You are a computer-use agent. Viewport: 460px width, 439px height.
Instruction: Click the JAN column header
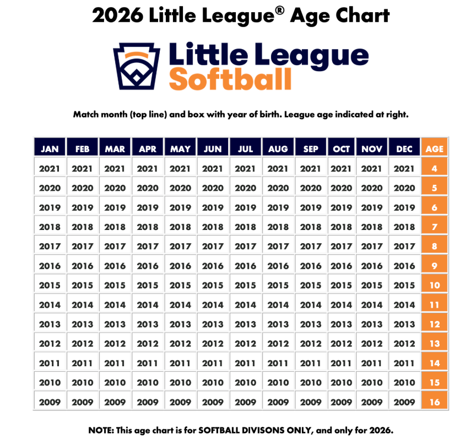tap(50, 149)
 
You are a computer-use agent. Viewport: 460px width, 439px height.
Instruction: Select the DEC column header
tap(405, 149)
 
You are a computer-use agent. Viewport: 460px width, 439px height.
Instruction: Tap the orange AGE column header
tap(435, 149)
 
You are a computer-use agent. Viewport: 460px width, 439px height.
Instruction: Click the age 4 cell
tap(435, 169)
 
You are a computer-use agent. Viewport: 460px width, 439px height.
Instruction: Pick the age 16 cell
tap(435, 402)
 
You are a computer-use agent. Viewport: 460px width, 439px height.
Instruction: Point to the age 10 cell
tap(435, 286)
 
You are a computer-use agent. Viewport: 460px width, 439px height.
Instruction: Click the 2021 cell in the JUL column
tap(245, 169)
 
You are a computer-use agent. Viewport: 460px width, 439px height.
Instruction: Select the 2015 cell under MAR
tap(115, 286)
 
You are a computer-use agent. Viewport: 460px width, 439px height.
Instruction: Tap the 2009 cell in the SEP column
tap(311, 402)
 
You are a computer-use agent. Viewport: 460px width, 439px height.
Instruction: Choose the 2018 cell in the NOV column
tap(372, 227)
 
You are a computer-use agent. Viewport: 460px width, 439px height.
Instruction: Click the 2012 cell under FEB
tap(83, 344)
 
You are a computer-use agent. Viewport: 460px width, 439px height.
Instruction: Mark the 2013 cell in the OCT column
tap(342, 324)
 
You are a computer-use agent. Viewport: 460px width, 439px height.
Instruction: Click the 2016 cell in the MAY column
tap(180, 266)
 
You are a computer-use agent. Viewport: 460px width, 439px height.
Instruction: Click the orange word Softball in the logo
tap(230, 79)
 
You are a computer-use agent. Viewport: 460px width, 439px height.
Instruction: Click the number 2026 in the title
tap(118, 15)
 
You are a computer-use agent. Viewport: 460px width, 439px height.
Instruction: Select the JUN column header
tap(213, 149)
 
